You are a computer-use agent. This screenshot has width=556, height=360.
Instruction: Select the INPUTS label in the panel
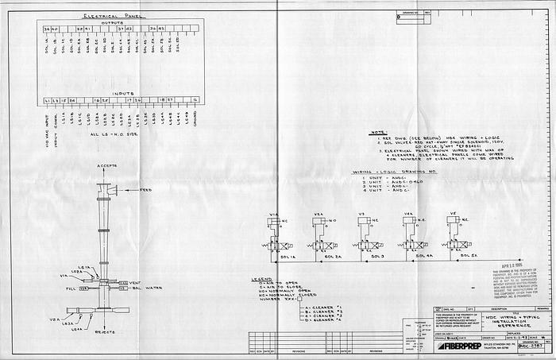(122, 92)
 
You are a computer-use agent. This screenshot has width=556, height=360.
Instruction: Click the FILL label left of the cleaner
(70, 290)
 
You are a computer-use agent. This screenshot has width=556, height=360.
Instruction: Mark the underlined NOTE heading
(378, 133)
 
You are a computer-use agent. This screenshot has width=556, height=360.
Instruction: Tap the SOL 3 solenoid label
(369, 257)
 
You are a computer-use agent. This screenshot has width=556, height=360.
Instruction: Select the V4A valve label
(407, 215)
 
